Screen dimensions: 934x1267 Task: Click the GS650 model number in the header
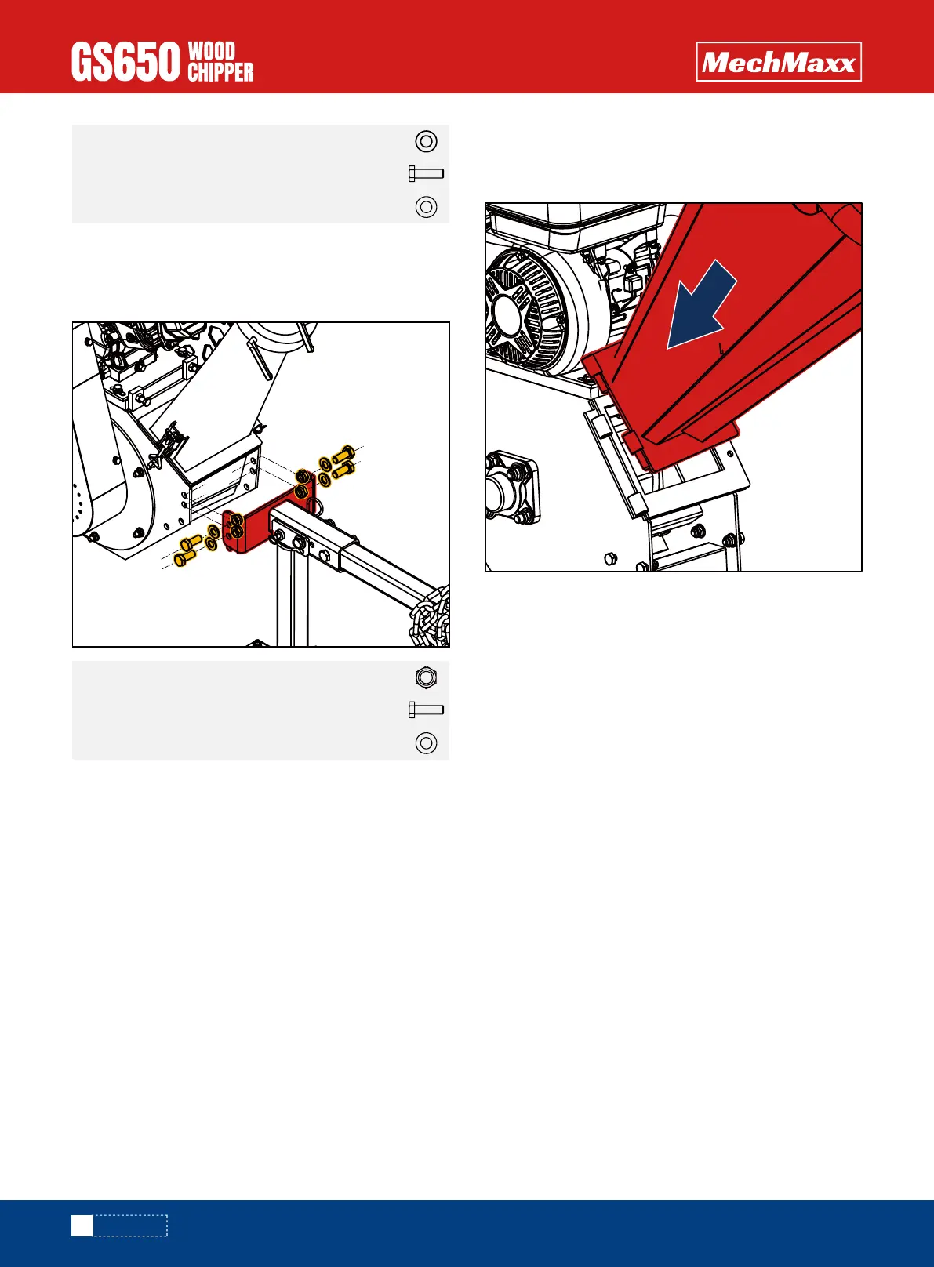125,62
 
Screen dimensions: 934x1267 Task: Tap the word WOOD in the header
212,51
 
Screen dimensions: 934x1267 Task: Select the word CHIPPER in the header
220,72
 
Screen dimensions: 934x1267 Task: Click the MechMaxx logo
779,62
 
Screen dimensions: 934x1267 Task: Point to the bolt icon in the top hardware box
426,173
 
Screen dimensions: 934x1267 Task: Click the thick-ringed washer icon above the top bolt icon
426,141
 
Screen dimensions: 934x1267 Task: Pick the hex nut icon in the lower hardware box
426,677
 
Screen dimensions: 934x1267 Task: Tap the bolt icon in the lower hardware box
426,710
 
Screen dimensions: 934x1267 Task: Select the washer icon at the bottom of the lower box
426,742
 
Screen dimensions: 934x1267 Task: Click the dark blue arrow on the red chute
702,306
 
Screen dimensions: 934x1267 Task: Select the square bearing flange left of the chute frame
511,487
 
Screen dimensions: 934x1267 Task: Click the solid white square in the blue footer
82,1225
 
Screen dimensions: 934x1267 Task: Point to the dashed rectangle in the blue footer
131,1225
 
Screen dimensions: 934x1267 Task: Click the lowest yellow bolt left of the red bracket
184,559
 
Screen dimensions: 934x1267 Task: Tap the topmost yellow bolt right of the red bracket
343,454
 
